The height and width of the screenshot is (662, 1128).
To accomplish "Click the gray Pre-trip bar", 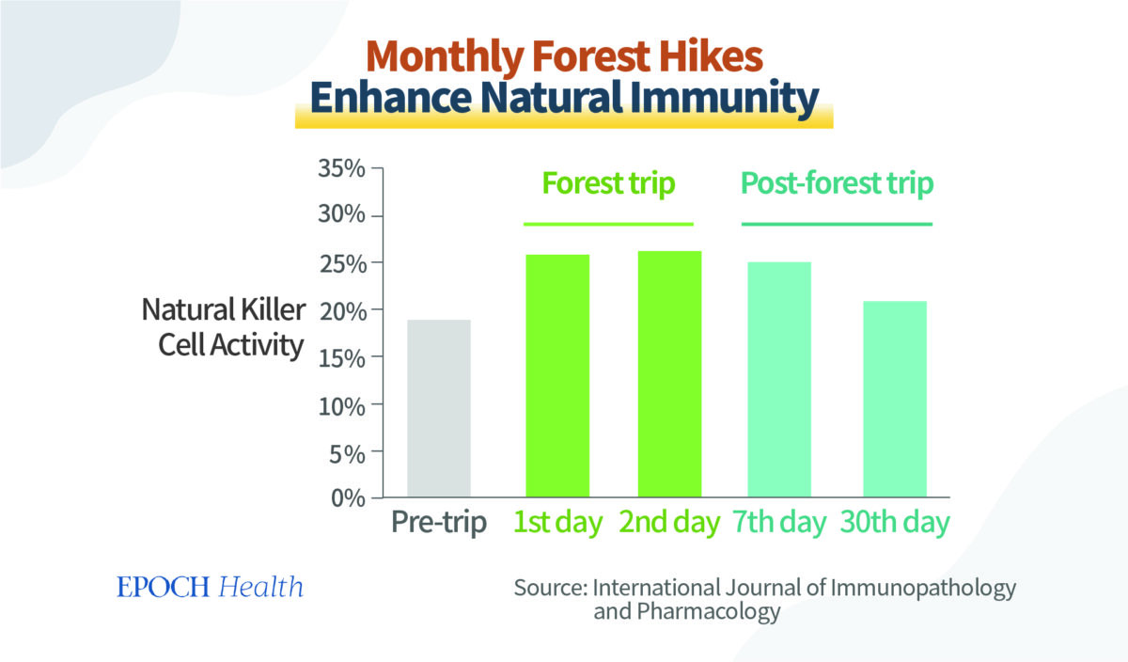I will pos(438,408).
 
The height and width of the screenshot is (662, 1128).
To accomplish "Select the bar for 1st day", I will pos(557,375).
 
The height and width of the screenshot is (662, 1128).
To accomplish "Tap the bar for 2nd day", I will pos(669,373).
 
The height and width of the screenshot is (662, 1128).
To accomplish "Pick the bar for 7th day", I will pos(779,379).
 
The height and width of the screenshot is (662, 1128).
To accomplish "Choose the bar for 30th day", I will pos(894,399).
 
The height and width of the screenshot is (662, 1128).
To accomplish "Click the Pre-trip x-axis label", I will pos(439,523).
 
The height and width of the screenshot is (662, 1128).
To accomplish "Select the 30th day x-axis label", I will pos(895,523).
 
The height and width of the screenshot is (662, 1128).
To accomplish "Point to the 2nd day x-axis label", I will pos(669,523).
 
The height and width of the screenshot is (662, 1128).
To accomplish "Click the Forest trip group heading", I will pos(607,183).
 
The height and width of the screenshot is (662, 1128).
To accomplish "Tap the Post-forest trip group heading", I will pos(837,183).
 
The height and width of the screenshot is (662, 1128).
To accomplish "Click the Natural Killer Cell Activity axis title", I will pos(223,327).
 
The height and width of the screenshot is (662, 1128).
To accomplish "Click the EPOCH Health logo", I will pos(210,588).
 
